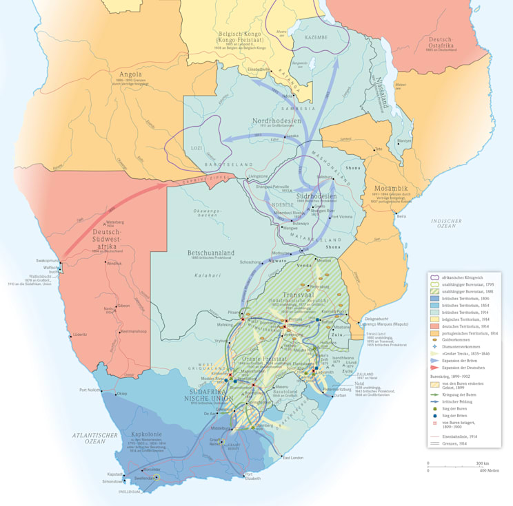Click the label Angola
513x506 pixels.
130,74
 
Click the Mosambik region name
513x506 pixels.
392,189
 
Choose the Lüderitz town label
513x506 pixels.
80,335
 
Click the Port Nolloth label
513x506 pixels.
90,390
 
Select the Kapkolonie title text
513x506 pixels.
147,435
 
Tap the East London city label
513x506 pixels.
292,457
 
